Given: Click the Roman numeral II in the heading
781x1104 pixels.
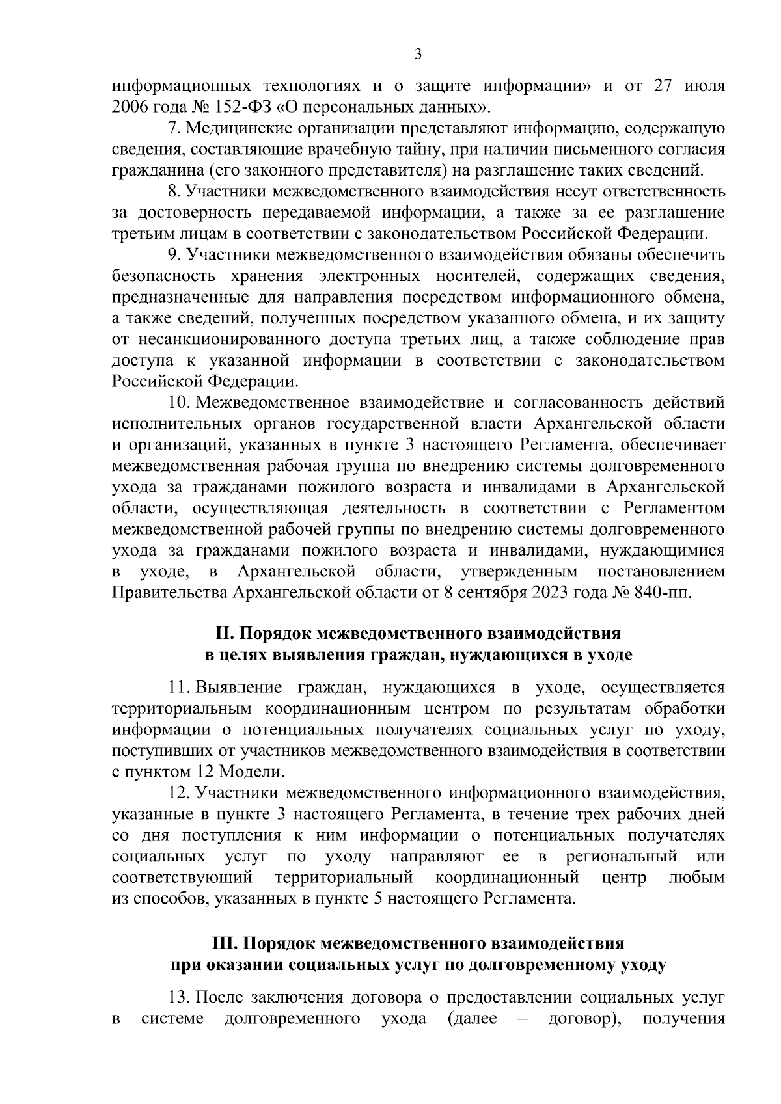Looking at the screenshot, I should (x=224, y=633).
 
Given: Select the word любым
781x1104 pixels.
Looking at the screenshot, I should (x=696, y=878).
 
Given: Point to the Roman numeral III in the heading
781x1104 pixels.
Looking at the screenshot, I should (x=225, y=943).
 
